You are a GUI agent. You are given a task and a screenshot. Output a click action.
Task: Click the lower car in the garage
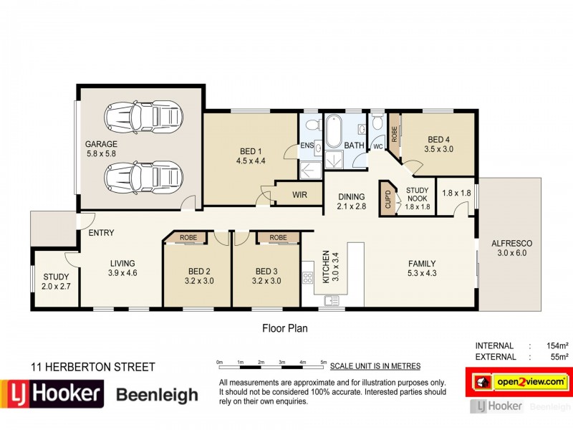pyautogui.click(x=143, y=176)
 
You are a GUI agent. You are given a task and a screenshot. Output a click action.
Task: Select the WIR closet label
pyautogui.click(x=300, y=194)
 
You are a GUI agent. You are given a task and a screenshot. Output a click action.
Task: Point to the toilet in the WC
pyautogui.click(x=377, y=128)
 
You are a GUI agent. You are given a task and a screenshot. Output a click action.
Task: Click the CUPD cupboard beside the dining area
pyautogui.click(x=387, y=197)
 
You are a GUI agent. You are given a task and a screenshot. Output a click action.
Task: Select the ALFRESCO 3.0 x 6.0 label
pyautogui.click(x=511, y=248)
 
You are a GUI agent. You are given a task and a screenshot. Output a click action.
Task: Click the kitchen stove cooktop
pyautogui.click(x=309, y=274)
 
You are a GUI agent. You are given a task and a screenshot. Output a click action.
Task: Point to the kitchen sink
pyautogui.click(x=331, y=301)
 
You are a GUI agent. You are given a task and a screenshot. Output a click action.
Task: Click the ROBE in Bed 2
pyautogui.click(x=188, y=237)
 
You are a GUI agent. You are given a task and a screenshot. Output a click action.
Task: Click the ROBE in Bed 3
pyautogui.click(x=278, y=237)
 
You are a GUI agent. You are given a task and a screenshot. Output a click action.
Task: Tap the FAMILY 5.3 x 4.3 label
pyautogui.click(x=422, y=267)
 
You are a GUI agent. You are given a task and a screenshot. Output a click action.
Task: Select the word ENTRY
pyautogui.click(x=101, y=233)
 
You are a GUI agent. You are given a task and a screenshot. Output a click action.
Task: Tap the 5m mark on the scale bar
pyautogui.click(x=324, y=361)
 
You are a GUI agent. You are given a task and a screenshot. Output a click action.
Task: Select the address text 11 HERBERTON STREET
pyautogui.click(x=92, y=367)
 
